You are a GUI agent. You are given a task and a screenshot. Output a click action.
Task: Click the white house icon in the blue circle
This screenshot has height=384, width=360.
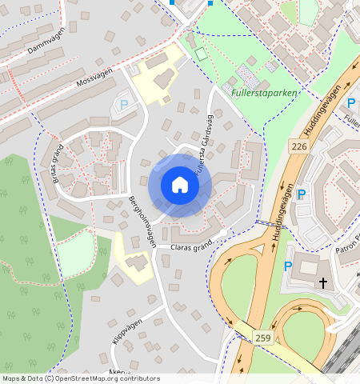click(x=180, y=186)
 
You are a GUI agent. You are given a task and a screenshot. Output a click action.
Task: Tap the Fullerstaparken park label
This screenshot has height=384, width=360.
click(x=263, y=93)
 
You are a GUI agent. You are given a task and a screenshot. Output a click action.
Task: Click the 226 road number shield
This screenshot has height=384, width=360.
click(x=299, y=146)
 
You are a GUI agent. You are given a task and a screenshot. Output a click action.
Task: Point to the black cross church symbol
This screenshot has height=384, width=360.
click(x=323, y=283)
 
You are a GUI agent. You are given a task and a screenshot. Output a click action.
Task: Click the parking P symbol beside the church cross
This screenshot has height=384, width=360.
click(x=288, y=267)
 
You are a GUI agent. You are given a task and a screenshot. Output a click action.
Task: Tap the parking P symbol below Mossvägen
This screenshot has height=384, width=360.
click(x=124, y=104)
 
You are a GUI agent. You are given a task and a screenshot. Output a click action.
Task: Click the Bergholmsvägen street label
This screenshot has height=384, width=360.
click(x=141, y=221)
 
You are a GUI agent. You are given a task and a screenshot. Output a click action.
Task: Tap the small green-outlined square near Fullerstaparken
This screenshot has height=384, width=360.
click(x=200, y=54)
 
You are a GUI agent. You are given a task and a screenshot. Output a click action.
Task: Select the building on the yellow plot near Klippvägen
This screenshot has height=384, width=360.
click(x=136, y=263)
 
